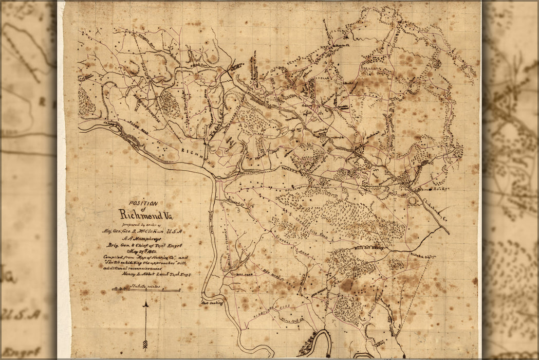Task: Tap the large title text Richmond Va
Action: [x=145, y=214]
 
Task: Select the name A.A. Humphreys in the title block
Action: [x=145, y=238]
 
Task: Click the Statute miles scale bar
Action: [x=146, y=290]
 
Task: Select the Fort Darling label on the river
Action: [x=212, y=303]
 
